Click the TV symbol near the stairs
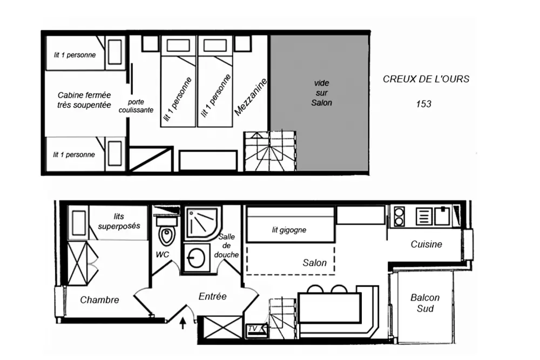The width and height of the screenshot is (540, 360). click(253, 328)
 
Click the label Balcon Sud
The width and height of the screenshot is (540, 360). click(425, 303)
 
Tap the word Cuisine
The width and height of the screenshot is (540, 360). click(426, 244)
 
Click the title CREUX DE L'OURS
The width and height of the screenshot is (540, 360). click(426, 79)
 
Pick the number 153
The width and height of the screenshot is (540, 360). click(423, 104)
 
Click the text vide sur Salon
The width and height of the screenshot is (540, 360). click(322, 93)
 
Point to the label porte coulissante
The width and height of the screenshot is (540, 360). click(140, 106)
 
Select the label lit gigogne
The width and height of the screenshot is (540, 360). click(289, 230)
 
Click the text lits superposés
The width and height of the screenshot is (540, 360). click(119, 221)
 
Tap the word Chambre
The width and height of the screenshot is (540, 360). click(99, 300)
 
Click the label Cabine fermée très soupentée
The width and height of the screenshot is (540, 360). click(84, 100)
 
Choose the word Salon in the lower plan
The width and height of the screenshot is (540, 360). click(314, 263)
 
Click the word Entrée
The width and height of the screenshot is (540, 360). click(212, 296)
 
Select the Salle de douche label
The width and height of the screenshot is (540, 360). click(226, 246)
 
